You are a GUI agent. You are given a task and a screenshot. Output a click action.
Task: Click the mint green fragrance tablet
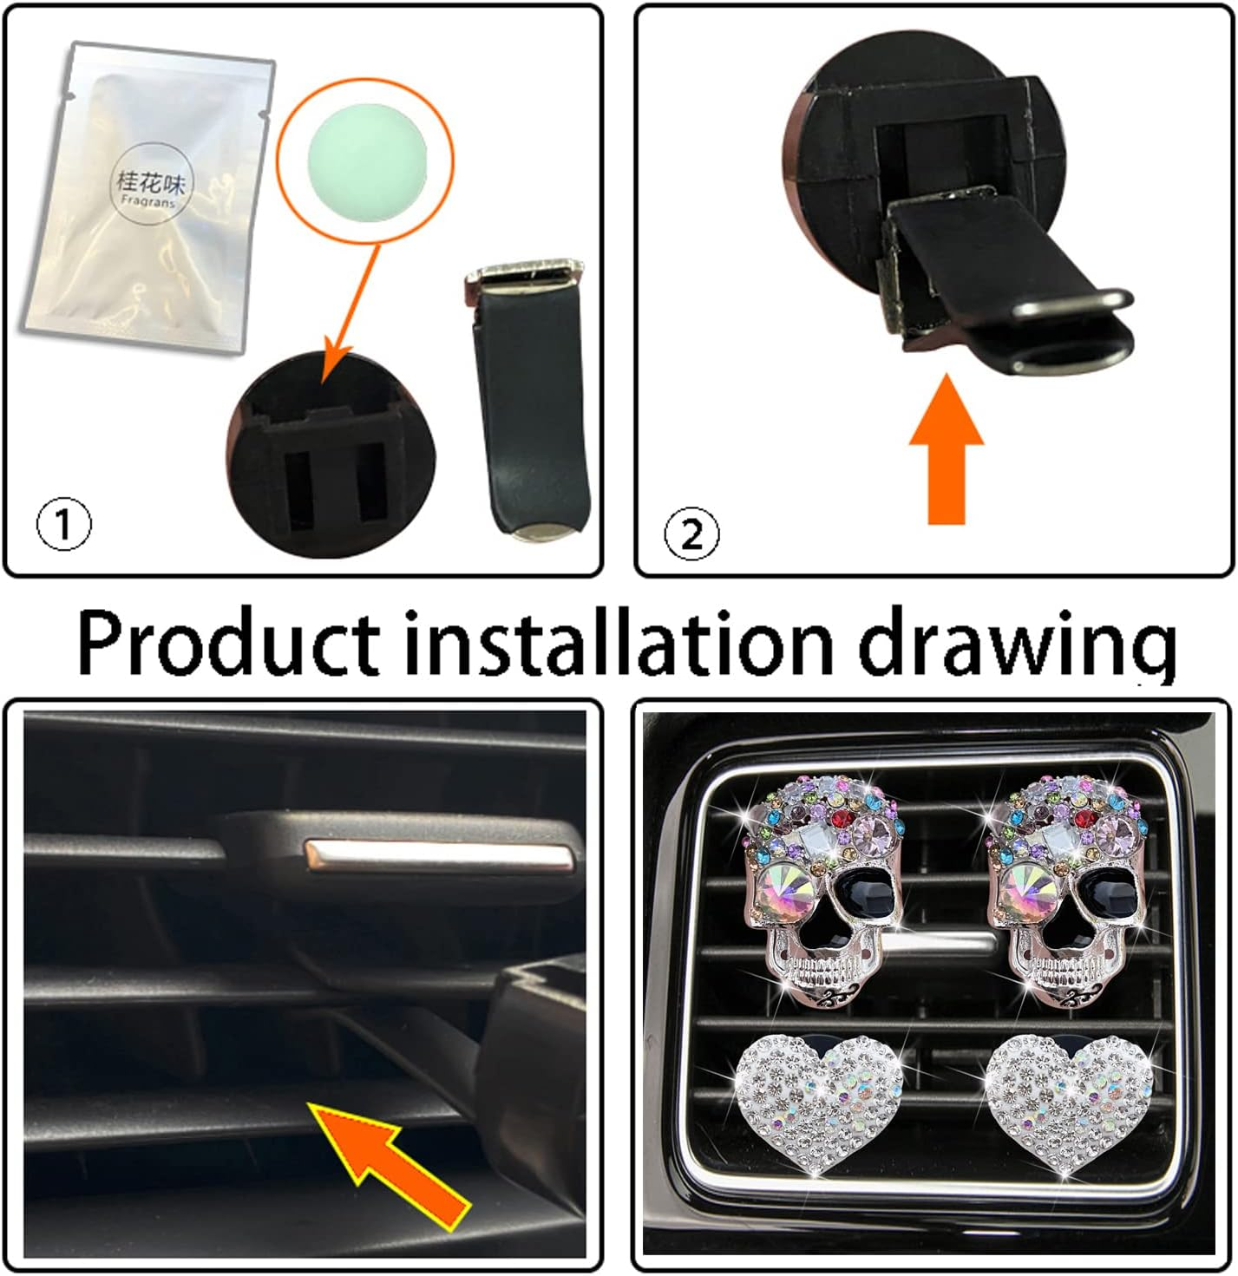coord(365,162)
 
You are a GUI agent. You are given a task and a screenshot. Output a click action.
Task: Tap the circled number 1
coord(63,524)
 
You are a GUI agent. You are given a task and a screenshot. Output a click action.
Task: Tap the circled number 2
coord(691,533)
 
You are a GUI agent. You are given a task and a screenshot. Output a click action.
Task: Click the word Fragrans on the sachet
coord(148,200)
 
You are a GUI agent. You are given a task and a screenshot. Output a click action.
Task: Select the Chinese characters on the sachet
coord(150,181)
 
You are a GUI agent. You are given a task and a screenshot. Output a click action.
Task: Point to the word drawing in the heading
coord(1016,646)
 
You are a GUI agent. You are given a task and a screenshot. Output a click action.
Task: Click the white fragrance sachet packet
coord(148,198)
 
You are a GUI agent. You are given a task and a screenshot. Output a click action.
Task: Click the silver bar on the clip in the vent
coord(438,855)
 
